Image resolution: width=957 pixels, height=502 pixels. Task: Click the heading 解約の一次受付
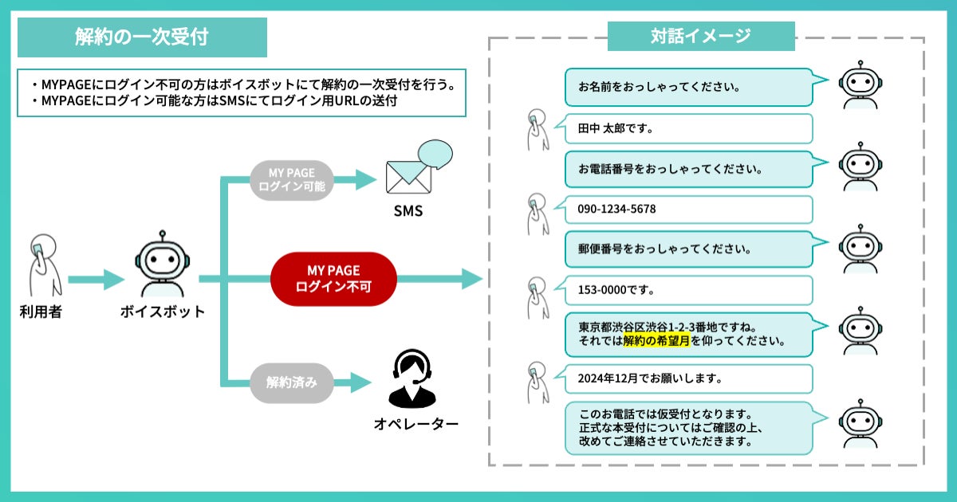point(142,37)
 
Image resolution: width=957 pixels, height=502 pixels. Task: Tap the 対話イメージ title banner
point(701,36)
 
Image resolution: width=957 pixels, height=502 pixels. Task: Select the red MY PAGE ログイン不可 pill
point(333,279)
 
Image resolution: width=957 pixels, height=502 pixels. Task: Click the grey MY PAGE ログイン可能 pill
point(291,180)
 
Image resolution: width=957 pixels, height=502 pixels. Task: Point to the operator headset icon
point(413,377)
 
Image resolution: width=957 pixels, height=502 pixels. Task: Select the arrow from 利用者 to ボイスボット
point(96,280)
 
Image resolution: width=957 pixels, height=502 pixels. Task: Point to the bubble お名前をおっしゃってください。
point(687,86)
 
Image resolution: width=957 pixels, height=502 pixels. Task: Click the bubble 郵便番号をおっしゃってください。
point(687,249)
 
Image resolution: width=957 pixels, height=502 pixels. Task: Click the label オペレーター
point(416,424)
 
